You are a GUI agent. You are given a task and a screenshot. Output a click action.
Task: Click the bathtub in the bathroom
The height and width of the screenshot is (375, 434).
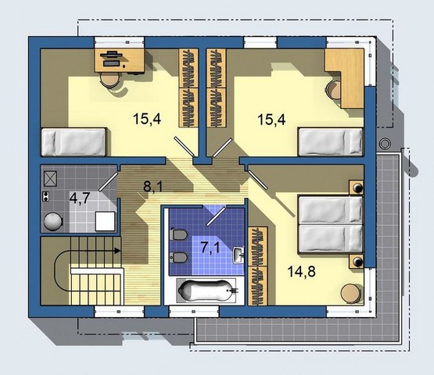pos(207,291)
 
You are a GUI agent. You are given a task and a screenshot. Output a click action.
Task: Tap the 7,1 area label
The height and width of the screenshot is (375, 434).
pos(210,247)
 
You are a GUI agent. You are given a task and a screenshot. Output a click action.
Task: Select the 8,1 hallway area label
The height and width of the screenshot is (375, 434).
pos(152,186)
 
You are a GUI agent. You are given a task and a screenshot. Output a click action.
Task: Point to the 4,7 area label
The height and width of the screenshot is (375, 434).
pos(80,198)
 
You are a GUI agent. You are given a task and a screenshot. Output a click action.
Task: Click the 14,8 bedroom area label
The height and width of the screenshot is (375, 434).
pos(301,271)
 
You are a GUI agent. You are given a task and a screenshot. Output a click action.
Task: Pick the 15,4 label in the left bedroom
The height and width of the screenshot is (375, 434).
pos(147,119)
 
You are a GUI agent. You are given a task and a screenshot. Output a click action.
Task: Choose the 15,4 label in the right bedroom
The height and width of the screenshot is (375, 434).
pos(271,120)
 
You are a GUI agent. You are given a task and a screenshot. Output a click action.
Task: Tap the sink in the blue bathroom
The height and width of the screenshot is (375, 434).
pos(239,255)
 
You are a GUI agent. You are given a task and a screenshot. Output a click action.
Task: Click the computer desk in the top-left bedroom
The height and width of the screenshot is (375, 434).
pos(120,60)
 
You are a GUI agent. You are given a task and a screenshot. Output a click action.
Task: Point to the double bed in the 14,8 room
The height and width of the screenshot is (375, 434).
pos(331,224)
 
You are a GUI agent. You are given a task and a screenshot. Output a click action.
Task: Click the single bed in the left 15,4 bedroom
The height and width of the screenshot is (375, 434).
pos(74,142)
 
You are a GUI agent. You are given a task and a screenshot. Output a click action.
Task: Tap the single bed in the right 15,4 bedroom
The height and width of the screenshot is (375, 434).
pos(331,142)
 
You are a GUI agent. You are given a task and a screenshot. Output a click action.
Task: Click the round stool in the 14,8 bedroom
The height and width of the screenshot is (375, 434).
pos(350,294)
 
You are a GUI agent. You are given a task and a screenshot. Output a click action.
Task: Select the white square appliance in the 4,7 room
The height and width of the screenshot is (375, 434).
pos(106,221)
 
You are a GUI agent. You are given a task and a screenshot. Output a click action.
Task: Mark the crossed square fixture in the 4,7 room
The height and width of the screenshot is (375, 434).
pos(50,179)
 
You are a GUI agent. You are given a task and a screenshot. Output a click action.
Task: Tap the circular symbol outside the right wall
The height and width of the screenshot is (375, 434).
pos(384,144)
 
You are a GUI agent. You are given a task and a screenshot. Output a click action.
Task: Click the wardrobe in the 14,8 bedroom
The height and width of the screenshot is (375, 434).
pos(258,266)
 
